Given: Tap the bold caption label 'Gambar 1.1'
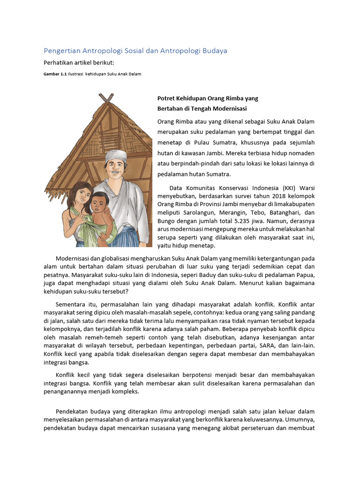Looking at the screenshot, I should click(x=55, y=74).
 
